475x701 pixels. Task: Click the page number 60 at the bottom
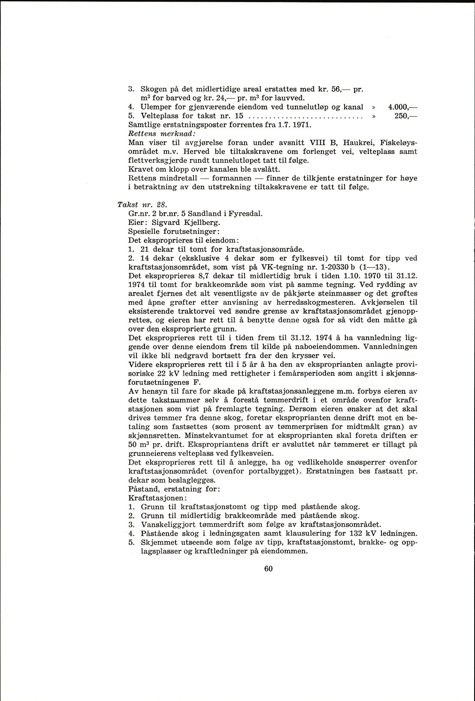pos(269,569)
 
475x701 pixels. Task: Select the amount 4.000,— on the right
pos(402,107)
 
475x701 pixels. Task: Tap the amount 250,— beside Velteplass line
pos(405,116)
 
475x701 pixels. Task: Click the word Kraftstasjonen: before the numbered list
pos(157,498)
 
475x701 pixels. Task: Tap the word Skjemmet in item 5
pos(157,542)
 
